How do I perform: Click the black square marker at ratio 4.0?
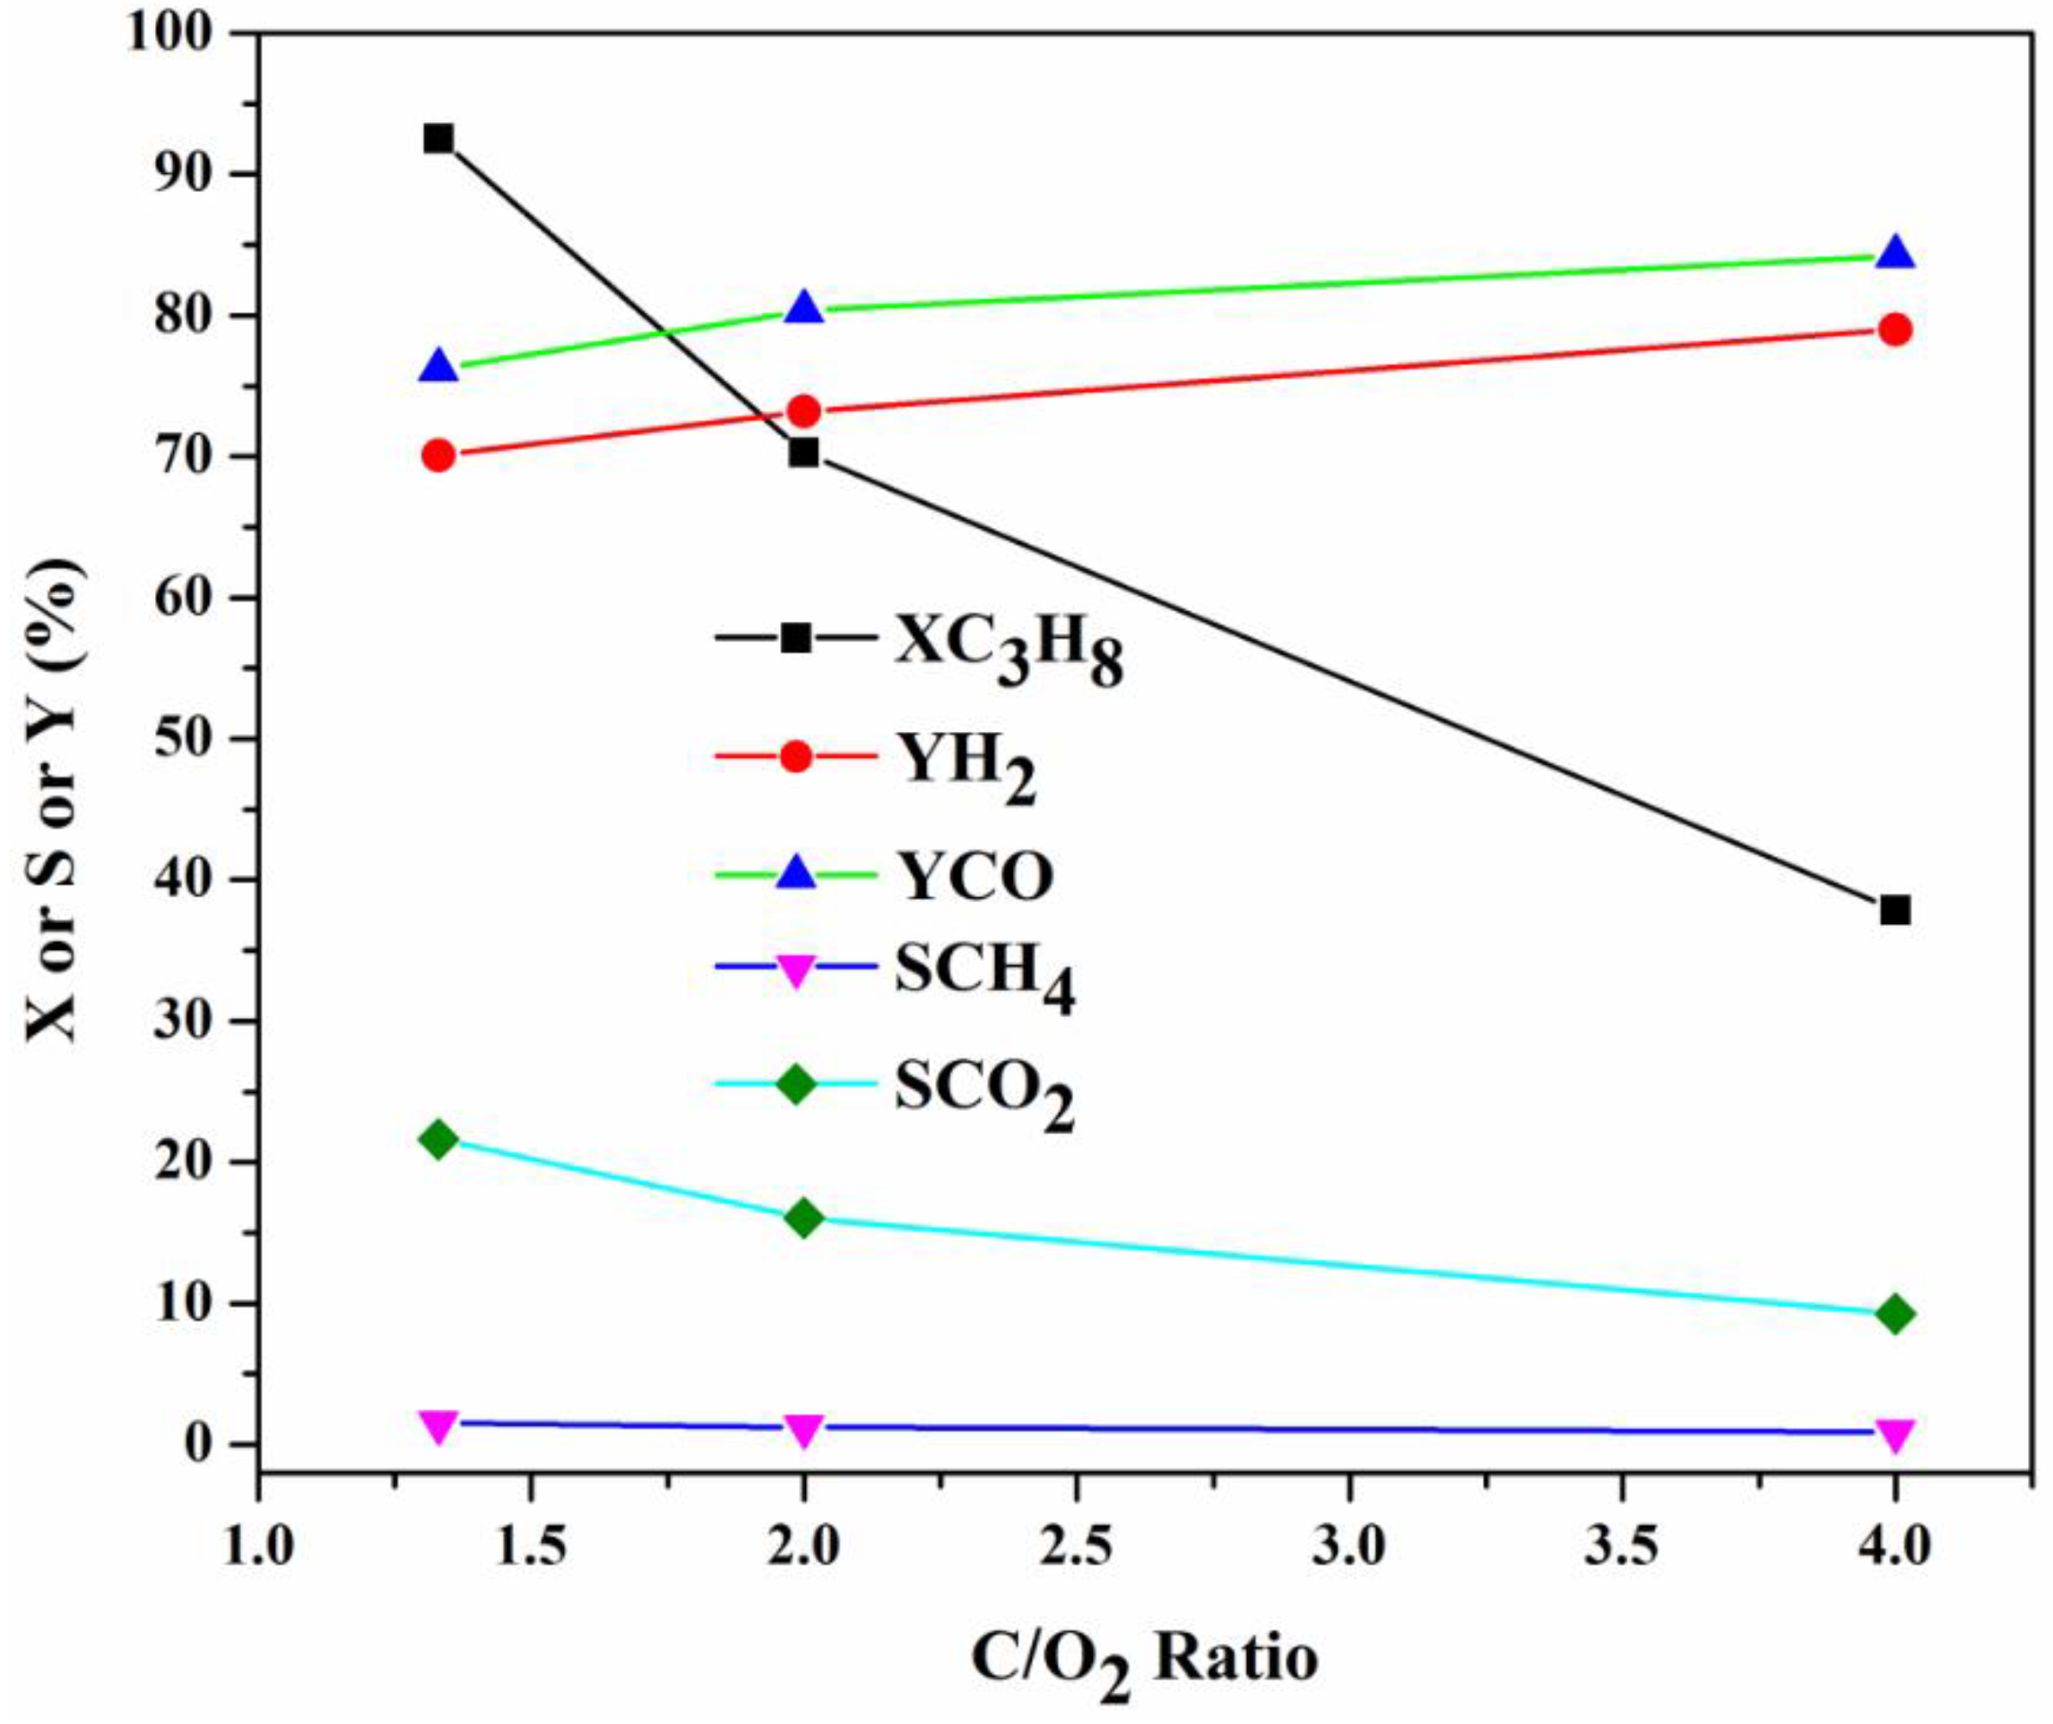[x=1895, y=911]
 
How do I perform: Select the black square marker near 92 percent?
[x=439, y=139]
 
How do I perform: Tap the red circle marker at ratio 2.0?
[x=803, y=412]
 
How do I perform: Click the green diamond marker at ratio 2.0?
[x=803, y=1218]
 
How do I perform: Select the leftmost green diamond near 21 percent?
[x=439, y=1139]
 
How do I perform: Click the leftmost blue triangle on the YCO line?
[x=439, y=368]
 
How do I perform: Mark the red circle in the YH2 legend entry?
[x=797, y=755]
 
